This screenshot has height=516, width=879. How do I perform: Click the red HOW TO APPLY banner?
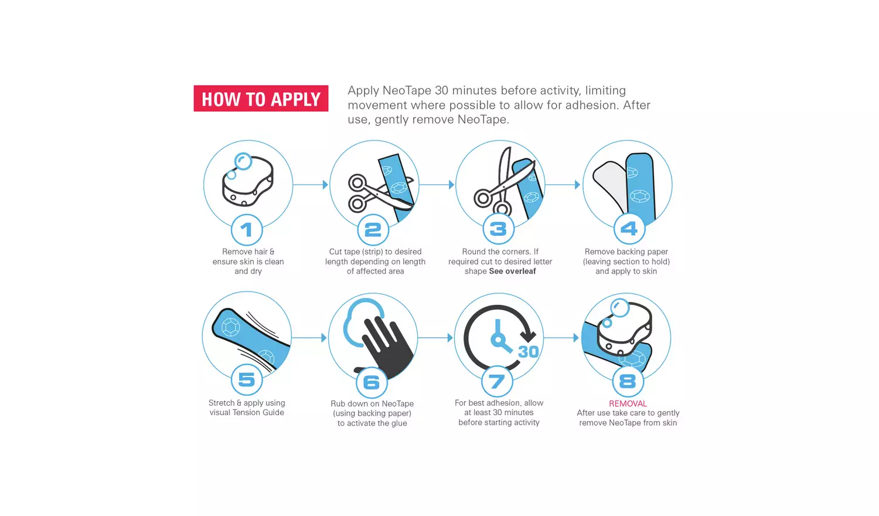click(261, 99)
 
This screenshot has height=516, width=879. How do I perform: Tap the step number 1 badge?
click(247, 230)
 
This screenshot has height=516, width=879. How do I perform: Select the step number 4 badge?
click(629, 229)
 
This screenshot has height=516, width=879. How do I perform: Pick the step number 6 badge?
click(372, 382)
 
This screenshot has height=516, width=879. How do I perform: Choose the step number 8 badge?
click(628, 381)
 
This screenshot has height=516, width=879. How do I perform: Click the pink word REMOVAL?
click(628, 403)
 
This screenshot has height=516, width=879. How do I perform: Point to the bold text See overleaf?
click(513, 271)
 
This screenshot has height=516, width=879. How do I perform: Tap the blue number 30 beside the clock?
click(528, 352)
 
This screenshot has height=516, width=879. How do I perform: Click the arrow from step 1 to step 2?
click(311, 185)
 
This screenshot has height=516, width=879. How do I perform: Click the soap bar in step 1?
click(248, 182)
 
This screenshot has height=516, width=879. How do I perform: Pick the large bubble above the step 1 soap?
click(243, 161)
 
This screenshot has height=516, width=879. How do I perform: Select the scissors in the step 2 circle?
click(379, 193)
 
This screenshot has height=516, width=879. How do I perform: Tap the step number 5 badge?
click(247, 379)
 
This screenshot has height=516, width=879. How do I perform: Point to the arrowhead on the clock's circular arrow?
click(528, 336)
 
